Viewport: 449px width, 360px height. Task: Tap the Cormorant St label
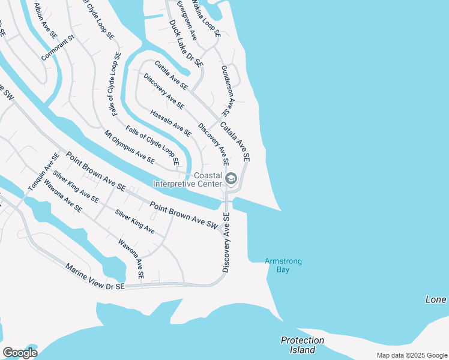pyautogui.click(x=57, y=47)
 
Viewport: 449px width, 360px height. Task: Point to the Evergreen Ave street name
pyautogui.click(x=187, y=20)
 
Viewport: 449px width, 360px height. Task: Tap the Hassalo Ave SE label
pyautogui.click(x=170, y=122)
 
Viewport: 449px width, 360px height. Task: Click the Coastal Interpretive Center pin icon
pyautogui.click(x=231, y=179)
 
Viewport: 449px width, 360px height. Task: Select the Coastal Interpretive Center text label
pyautogui.click(x=188, y=180)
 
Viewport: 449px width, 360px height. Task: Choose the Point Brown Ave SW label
pyautogui.click(x=183, y=214)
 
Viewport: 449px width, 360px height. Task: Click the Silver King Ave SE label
pyautogui.click(x=76, y=187)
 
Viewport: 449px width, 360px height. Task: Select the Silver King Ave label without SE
pyautogui.click(x=135, y=221)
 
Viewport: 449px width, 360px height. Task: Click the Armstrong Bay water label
pyautogui.click(x=283, y=265)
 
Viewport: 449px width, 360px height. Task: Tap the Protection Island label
pyautogui.click(x=303, y=344)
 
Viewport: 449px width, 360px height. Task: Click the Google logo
pyautogui.click(x=20, y=353)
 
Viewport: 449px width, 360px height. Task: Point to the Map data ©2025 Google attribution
pyautogui.click(x=411, y=355)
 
